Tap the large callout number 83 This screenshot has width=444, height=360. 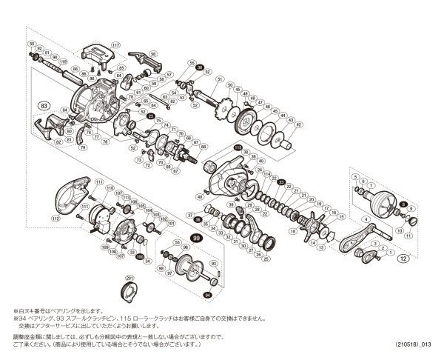(x=44, y=106)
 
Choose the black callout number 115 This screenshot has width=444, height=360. (x=238, y=147)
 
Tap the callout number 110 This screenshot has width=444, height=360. (x=109, y=189)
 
